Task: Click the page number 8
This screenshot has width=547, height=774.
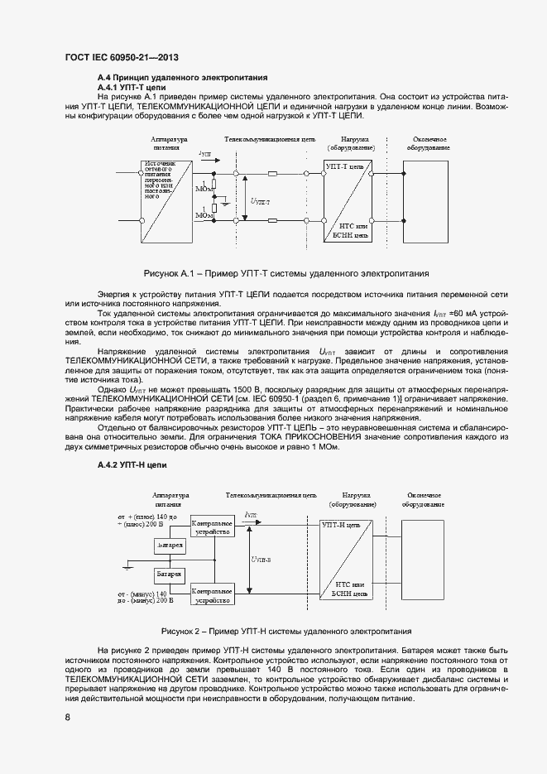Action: click(x=67, y=717)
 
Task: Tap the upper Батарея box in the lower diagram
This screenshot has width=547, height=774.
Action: click(x=170, y=546)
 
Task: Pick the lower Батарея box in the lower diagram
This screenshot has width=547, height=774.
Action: click(x=170, y=574)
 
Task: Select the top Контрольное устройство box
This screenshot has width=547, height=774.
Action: click(x=211, y=528)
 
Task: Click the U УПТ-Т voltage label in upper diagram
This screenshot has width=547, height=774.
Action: click(x=260, y=200)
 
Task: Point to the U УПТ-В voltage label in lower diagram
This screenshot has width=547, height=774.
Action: click(x=262, y=559)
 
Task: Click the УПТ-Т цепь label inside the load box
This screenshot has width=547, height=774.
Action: click(x=344, y=166)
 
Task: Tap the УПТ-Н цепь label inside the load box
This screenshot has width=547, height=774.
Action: click(x=340, y=525)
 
